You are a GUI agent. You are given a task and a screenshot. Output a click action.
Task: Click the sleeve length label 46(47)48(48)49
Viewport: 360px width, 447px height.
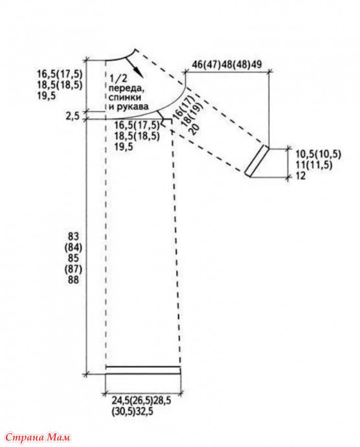point(227,64)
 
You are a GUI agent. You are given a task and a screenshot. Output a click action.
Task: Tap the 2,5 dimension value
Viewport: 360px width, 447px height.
point(73,117)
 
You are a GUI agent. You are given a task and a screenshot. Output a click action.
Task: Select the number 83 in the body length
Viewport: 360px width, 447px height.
point(73,236)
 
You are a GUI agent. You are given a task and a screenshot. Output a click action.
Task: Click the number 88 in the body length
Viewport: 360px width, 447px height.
point(73,280)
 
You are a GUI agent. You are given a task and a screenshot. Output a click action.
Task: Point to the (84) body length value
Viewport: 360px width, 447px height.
point(73,247)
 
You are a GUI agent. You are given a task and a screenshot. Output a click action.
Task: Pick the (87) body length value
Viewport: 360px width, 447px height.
point(73,269)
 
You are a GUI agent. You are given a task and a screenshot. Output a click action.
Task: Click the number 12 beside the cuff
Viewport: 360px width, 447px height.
point(300,176)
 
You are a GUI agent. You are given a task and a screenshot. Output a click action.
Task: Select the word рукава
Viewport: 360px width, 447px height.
point(129,107)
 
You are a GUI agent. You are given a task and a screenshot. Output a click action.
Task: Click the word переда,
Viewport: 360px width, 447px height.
point(125,88)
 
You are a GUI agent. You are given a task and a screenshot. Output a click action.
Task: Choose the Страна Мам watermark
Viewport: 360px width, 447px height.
point(38,437)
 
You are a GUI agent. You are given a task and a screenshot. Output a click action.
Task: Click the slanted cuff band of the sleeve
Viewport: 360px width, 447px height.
point(256,161)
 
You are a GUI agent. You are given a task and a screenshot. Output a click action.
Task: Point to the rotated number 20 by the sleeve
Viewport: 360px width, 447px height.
point(196,130)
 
